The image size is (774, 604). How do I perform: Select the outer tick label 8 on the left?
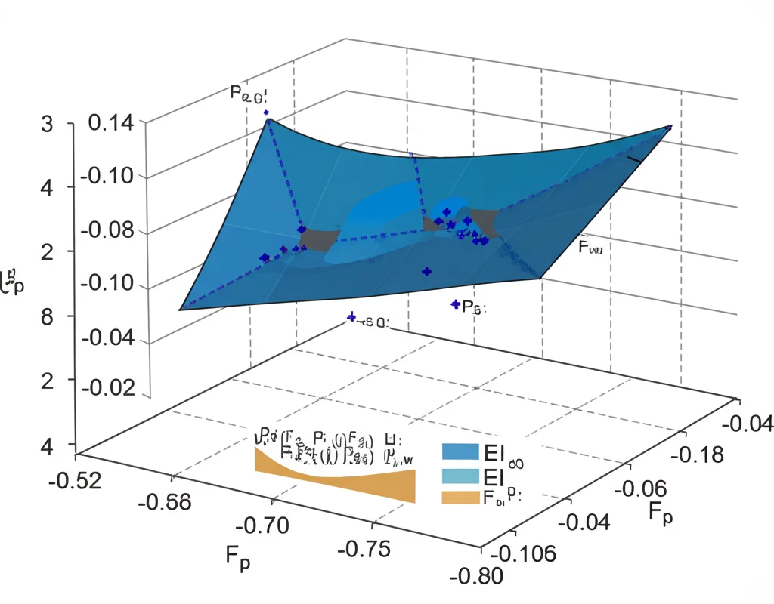(47, 316)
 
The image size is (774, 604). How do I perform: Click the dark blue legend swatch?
(460, 451)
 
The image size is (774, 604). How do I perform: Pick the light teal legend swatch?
(460, 476)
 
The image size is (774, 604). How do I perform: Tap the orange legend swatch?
(460, 497)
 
